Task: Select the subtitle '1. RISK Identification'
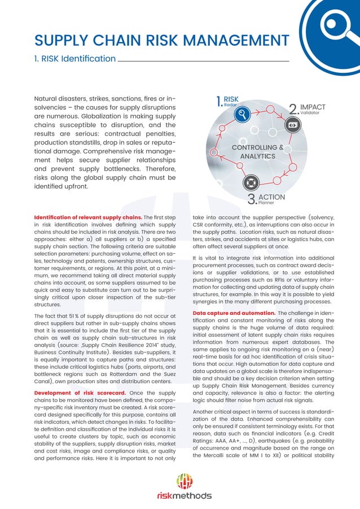(x=75, y=58)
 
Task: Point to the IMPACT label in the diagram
(x=313, y=107)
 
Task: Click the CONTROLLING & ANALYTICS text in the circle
(x=257, y=151)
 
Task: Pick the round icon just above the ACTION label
(x=251, y=182)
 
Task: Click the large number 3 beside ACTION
(x=252, y=199)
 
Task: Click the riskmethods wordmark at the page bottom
(x=185, y=495)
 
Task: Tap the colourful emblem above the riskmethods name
(x=185, y=480)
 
